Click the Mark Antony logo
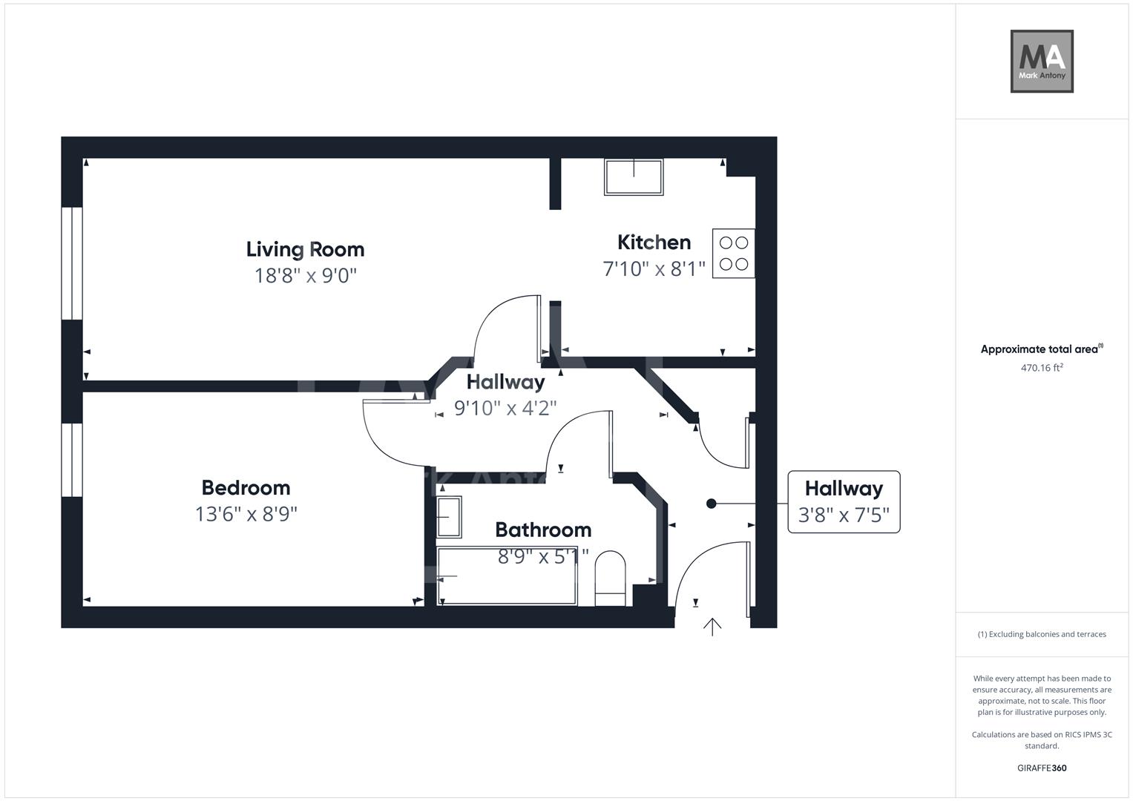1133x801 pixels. click(x=1041, y=62)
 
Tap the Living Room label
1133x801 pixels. click(x=305, y=249)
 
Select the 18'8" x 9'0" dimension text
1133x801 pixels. click(x=305, y=276)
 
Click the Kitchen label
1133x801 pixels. click(x=654, y=243)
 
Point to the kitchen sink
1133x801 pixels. click(x=634, y=177)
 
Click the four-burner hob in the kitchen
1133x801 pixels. click(x=733, y=254)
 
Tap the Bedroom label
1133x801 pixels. click(x=246, y=488)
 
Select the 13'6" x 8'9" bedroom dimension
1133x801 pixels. click(x=246, y=514)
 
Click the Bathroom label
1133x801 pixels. click(x=543, y=530)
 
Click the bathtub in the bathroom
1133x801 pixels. click(x=507, y=576)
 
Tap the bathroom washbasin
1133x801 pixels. click(x=449, y=517)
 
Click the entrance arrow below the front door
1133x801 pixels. click(x=712, y=627)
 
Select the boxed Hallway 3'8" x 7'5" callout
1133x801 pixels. click(x=844, y=502)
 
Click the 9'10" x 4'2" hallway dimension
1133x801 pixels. click(x=505, y=408)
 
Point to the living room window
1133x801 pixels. click(x=72, y=263)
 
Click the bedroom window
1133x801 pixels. click(x=72, y=460)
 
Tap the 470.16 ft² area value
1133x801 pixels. click(x=1041, y=368)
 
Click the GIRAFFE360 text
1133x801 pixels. click(x=1041, y=768)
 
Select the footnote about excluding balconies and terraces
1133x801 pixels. click(x=1041, y=634)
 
